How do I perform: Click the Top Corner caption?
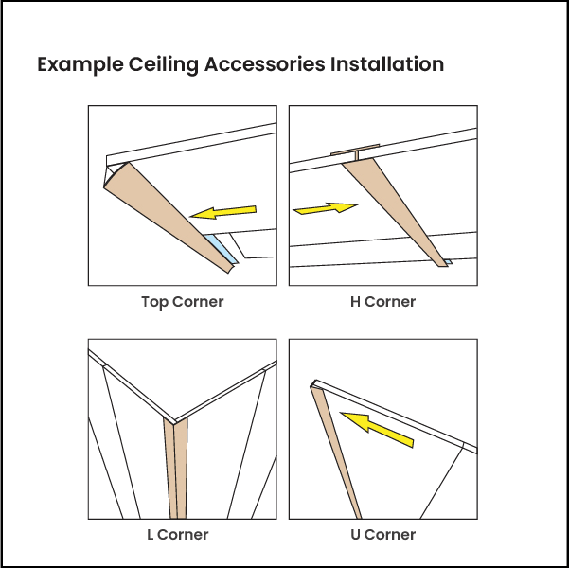[182, 303]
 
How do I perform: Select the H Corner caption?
[382, 303]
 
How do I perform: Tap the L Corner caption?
[178, 535]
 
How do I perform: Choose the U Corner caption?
[382, 535]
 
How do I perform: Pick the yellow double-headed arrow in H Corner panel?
[326, 208]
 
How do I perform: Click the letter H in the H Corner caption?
[355, 303]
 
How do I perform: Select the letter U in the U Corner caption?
[355, 535]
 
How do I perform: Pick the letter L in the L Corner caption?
[151, 535]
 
